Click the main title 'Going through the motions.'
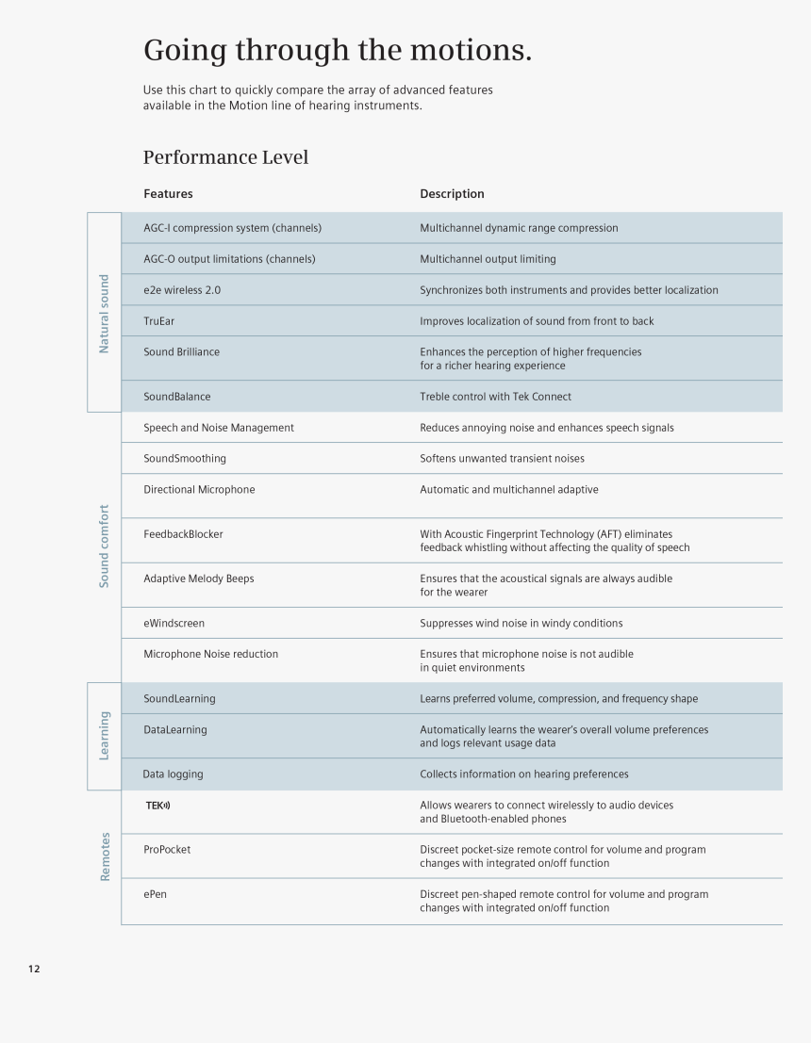(337, 49)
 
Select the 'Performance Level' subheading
(225, 157)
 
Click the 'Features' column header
(168, 194)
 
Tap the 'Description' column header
(452, 194)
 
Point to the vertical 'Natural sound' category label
(104, 314)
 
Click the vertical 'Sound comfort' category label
(104, 546)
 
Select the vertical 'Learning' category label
(104, 736)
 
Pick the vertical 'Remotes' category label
(105, 856)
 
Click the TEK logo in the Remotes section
(157, 806)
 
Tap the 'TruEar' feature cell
(158, 321)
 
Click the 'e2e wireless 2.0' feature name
(182, 290)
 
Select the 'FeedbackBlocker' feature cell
(183, 534)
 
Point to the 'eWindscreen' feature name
(174, 624)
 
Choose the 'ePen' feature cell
(155, 894)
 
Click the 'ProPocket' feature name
(167, 850)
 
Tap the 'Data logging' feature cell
(173, 774)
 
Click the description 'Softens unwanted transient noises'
(502, 459)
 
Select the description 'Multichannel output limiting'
(488, 259)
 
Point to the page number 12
(34, 970)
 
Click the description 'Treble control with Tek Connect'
(495, 397)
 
